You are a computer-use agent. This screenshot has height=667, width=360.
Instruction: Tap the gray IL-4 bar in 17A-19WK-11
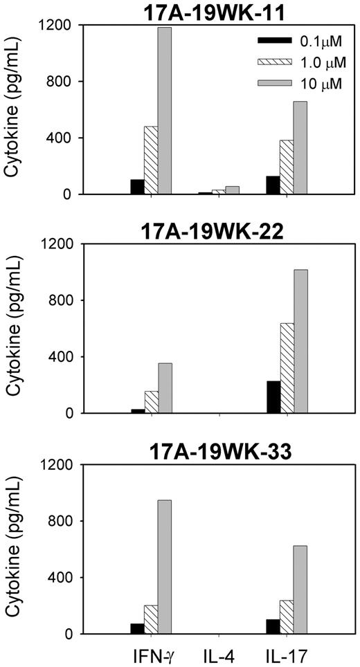(x=233, y=190)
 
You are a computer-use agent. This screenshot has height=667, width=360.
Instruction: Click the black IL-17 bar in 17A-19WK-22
(x=273, y=397)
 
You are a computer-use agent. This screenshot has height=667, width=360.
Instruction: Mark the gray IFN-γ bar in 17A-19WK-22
(x=165, y=388)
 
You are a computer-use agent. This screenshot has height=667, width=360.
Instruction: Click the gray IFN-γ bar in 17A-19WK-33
(x=165, y=567)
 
